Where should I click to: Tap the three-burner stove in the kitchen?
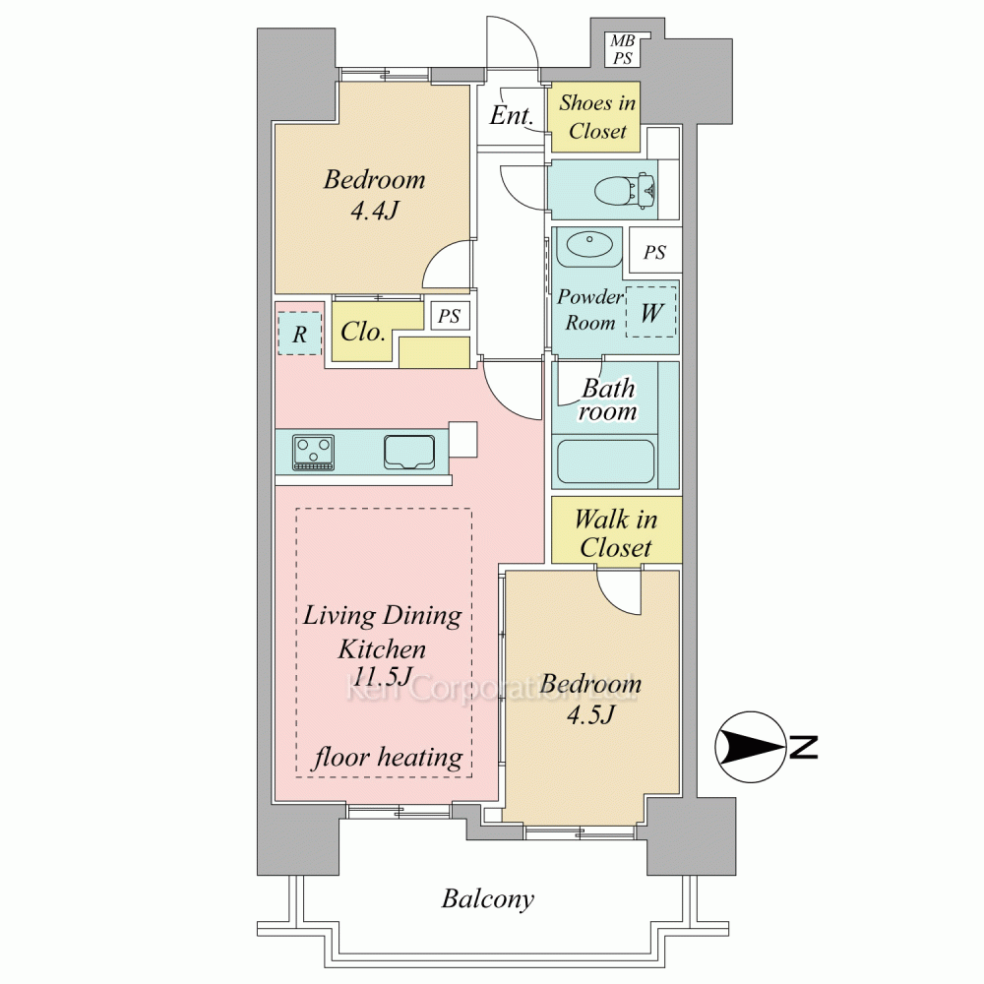coord(313,452)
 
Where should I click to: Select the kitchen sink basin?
coord(409,452)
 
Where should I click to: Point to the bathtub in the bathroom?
coord(605,461)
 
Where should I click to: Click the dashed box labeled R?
coord(299,334)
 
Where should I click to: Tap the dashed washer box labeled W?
coord(651,312)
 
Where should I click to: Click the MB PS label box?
coord(623,49)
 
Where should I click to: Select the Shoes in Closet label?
coord(597,117)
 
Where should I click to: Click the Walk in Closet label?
coord(616,533)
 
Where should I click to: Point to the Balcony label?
coord(488,899)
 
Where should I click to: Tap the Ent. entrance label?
coord(511,115)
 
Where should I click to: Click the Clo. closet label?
coord(362,332)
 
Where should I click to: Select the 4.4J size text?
coord(375,211)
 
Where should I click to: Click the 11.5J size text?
coord(383,677)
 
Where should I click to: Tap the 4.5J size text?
coord(590,714)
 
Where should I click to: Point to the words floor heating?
coord(387,758)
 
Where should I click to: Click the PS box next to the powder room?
coord(654,252)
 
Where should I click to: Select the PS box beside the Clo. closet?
coord(450,316)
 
